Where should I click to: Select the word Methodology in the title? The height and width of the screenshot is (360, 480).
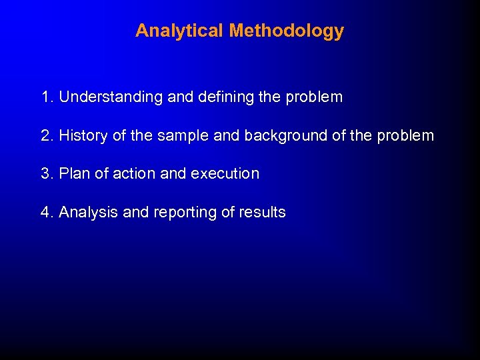coord(286,31)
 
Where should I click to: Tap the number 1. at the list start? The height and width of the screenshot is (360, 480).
coord(47,97)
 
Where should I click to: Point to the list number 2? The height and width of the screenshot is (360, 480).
coord(47,136)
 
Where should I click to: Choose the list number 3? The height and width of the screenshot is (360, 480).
coord(47,174)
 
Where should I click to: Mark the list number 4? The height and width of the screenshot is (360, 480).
coord(47,213)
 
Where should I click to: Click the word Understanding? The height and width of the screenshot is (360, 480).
coord(111,97)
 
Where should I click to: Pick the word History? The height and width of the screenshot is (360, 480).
coord(83,136)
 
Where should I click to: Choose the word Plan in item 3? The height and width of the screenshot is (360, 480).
coord(73,174)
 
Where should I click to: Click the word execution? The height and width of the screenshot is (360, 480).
coord(225,174)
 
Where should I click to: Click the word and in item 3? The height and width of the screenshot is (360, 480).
coord(173,174)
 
